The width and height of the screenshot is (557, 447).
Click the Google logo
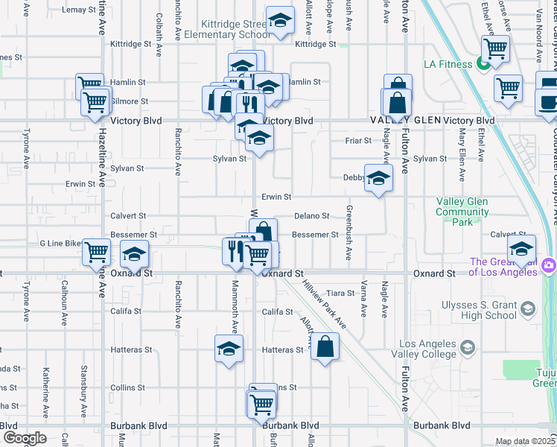click(x=25, y=437)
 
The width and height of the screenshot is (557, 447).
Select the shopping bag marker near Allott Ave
click(x=325, y=346)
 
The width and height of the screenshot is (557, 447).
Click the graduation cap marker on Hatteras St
click(x=229, y=348)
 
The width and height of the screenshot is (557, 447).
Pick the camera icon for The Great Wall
click(x=549, y=264)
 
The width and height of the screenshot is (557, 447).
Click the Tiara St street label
click(x=340, y=294)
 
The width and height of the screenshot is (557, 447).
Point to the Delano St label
click(x=311, y=216)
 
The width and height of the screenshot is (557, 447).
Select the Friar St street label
click(x=358, y=140)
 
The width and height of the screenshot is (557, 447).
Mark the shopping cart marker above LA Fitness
click(x=494, y=48)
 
